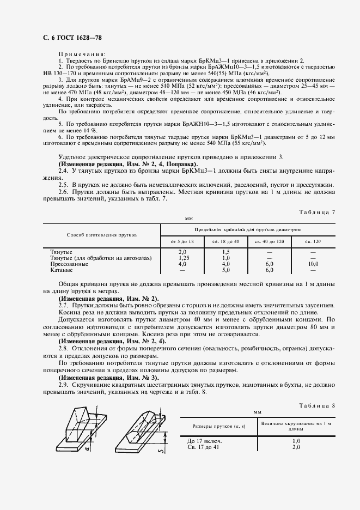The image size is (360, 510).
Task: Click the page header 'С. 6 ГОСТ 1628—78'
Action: [x=69, y=37]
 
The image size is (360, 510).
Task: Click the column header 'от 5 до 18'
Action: [x=182, y=241]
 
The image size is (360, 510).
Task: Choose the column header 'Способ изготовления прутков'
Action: [x=101, y=235]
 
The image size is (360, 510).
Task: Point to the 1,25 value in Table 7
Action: [x=182, y=258]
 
